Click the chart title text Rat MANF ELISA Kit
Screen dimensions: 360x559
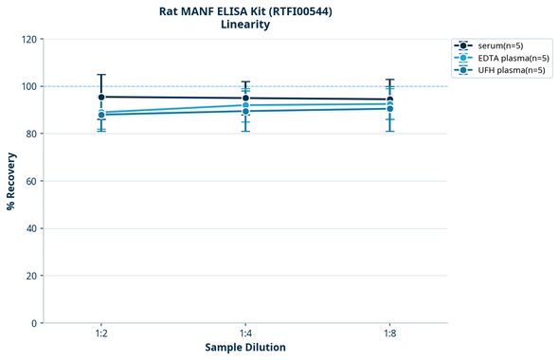245,11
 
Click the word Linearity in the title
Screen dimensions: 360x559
245,25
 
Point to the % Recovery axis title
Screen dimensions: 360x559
11,181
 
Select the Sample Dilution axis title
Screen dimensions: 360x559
245,348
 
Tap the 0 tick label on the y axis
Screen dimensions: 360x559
34,323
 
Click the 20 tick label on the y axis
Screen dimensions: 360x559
31,276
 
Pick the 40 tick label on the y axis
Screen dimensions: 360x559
31,228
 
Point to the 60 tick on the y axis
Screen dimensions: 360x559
31,181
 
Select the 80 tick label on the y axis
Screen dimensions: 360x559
31,134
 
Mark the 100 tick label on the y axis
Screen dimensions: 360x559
28,86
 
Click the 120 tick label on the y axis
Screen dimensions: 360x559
28,39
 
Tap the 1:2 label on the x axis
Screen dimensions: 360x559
101,333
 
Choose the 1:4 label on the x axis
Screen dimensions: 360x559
245,333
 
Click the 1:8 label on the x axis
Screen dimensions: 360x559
389,333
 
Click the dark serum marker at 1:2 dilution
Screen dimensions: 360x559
101,97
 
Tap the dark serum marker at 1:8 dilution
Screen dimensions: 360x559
389,99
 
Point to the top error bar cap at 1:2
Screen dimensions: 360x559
101,75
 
